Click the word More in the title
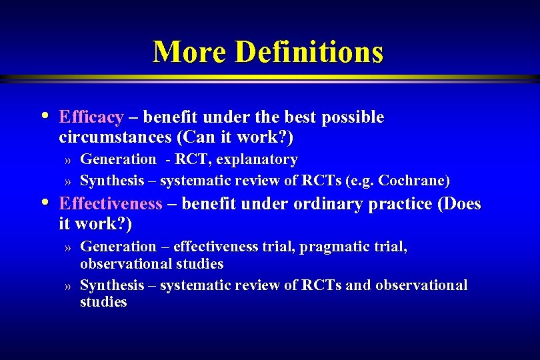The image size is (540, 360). tap(189, 52)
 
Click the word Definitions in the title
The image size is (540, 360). tap(309, 52)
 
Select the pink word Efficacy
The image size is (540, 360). tap(91, 118)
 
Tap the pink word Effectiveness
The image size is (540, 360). tap(111, 204)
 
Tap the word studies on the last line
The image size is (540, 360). tap(103, 302)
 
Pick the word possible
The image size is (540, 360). tap(353, 118)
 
